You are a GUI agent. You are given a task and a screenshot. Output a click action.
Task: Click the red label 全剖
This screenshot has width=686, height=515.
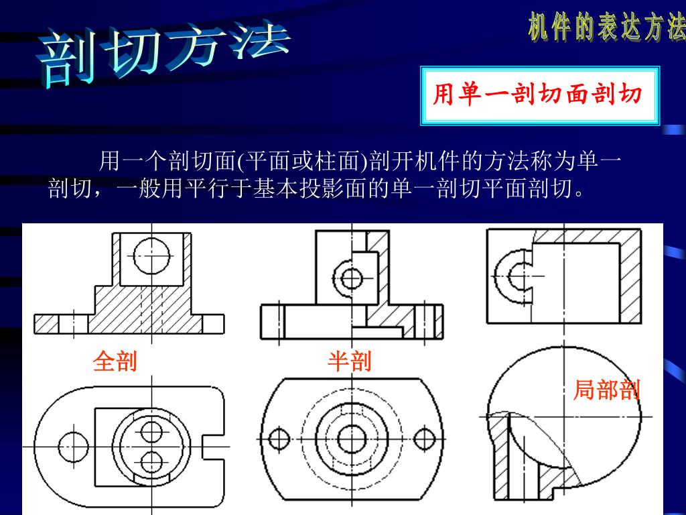click(x=115, y=361)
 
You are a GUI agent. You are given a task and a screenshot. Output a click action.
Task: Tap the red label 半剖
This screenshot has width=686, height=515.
click(x=349, y=361)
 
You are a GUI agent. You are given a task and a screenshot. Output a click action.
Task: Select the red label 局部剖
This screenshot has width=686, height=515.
click(x=606, y=390)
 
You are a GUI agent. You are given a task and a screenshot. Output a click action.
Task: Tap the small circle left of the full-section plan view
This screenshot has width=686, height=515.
click(x=73, y=445)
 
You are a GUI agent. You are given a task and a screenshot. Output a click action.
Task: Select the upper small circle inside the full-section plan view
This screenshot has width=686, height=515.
click(x=152, y=431)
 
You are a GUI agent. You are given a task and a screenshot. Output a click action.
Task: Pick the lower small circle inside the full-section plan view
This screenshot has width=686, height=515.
click(x=152, y=461)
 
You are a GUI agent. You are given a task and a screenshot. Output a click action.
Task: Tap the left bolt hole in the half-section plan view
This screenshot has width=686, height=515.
click(x=279, y=440)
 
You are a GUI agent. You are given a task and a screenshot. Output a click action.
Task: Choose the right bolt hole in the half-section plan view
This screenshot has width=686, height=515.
click(x=423, y=440)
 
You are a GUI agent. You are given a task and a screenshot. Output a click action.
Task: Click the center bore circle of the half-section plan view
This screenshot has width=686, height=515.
click(x=349, y=440)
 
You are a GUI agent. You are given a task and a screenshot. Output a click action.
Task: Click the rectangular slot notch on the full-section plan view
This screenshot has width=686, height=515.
click(x=213, y=446)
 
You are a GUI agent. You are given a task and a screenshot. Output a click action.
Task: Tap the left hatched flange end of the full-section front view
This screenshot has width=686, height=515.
click(x=46, y=324)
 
